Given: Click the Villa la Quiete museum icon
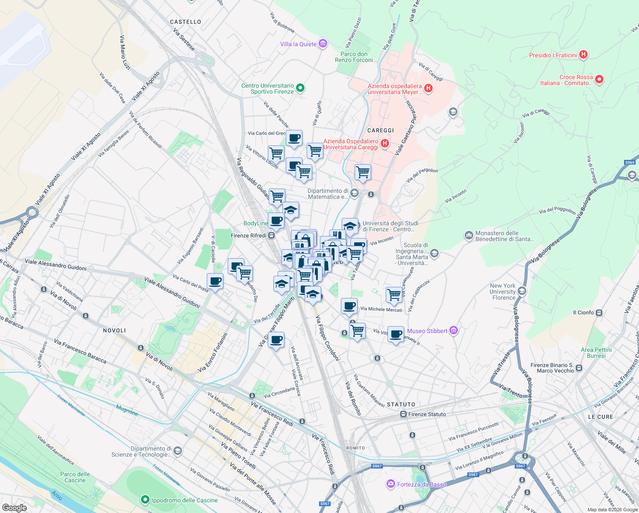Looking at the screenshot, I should tap(323, 44).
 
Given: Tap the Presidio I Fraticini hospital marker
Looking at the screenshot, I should tap(583, 55).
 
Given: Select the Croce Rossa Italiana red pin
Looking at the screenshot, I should tap(599, 80).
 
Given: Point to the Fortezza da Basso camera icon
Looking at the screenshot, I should tap(390, 484).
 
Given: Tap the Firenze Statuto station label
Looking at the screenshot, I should tap(427, 414).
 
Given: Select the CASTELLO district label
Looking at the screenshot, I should tap(185, 22).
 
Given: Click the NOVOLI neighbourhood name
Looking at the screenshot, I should tap(114, 330).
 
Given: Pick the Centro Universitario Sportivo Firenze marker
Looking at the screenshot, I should tap(300, 88).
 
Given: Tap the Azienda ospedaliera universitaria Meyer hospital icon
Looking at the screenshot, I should tap(428, 88).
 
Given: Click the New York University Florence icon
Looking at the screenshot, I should tap(521, 291).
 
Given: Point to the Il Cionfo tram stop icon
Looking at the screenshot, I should tap(599, 313).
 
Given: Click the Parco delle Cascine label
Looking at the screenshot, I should tap(75, 477).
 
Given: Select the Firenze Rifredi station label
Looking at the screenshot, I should tap(248, 236).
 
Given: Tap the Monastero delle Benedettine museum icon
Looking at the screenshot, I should tap(469, 236).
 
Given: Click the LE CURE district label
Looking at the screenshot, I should tap(600, 417).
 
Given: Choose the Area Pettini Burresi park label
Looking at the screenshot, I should tap(596, 353).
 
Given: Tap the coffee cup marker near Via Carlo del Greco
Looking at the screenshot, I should tap(294, 139).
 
